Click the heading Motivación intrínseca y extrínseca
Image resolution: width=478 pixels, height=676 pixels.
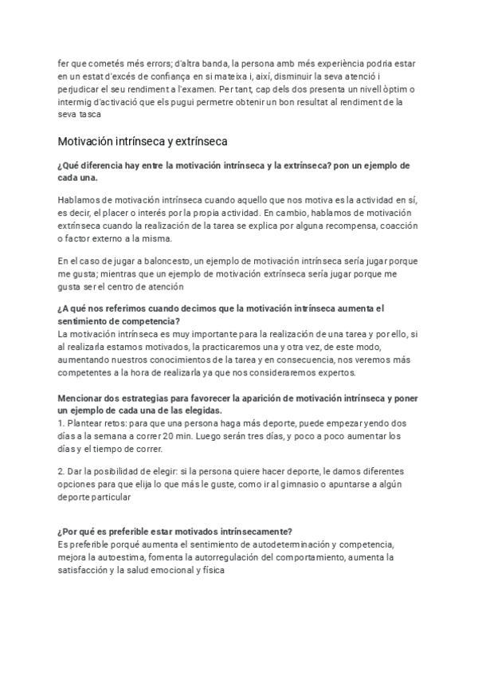tap(143, 142)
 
